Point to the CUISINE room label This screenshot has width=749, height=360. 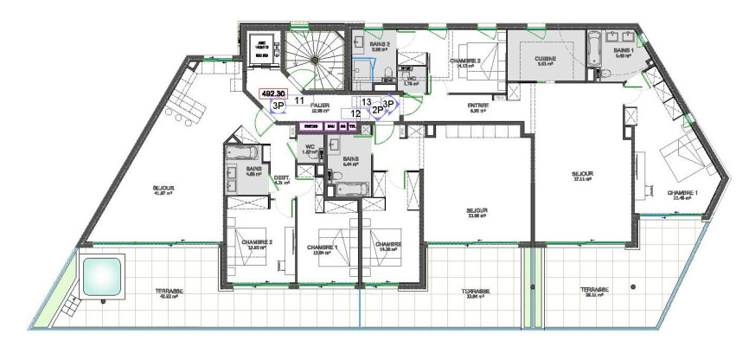(545, 59)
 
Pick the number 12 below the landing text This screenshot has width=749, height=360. (355, 113)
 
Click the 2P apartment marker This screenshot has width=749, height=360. (377, 111)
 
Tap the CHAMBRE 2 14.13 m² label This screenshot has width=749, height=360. (466, 61)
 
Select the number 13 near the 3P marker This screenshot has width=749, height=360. (367, 101)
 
